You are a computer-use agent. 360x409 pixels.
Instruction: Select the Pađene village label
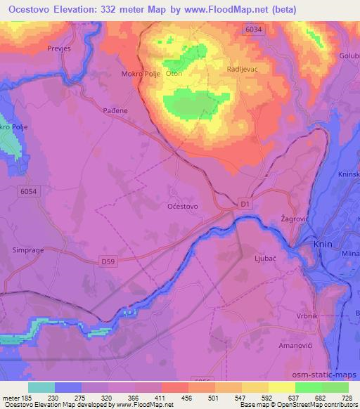(116, 111)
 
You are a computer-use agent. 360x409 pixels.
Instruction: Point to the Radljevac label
(242, 70)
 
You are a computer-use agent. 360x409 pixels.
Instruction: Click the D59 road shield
(108, 261)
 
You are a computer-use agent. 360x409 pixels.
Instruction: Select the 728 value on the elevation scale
(346, 398)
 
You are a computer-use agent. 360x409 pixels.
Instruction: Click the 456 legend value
(186, 398)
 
